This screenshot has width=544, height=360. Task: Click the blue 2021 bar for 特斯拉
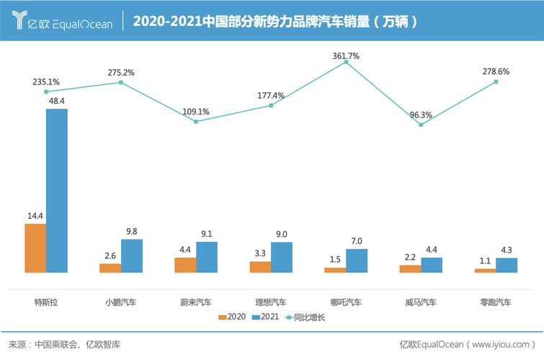[56, 190]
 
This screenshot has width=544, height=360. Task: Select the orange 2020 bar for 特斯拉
[35, 248]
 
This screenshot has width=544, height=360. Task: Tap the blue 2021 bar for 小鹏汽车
[132, 256]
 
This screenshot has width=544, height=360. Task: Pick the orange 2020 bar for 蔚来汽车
[185, 264]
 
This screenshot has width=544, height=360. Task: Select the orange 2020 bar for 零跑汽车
[485, 270]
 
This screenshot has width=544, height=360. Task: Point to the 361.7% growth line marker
[346, 63]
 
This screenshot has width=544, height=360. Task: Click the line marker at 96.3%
[421, 125]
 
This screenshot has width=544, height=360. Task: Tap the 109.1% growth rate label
[196, 112]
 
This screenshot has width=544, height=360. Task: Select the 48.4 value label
[56, 101]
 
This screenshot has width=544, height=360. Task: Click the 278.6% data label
[496, 72]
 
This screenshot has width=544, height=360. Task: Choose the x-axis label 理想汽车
[271, 302]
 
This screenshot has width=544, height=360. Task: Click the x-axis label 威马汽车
[421, 302]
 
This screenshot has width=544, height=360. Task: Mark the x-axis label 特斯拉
[46, 302]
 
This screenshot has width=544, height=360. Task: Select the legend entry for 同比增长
[306, 317]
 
